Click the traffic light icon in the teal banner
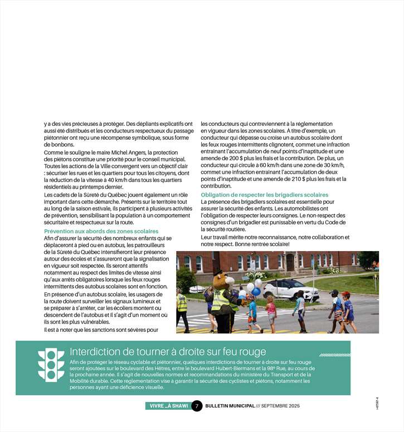[51, 365]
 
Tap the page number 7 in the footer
[197, 406]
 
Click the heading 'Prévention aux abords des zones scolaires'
[101, 231]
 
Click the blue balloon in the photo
[256, 291]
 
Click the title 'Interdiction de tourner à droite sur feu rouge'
[168, 352]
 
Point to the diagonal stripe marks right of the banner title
[334, 354]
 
